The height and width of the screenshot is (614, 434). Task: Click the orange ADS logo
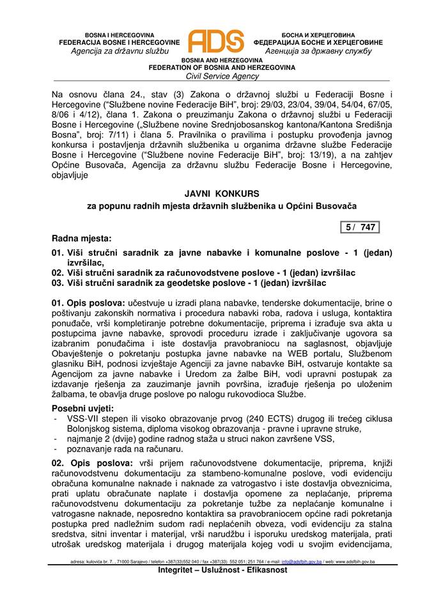[x=216, y=42]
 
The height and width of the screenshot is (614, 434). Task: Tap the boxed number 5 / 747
[x=359, y=226]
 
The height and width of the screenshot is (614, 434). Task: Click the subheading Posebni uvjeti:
[x=82, y=408]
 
